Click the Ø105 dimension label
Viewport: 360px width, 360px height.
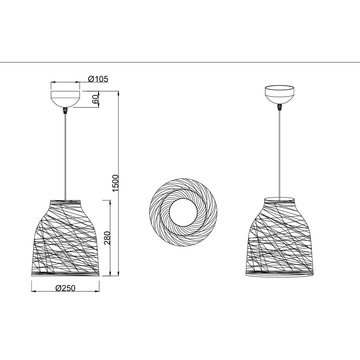(x=98, y=79)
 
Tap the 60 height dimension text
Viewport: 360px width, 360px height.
(x=95, y=99)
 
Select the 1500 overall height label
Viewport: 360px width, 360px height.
(x=115, y=183)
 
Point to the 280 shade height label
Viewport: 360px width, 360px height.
(x=107, y=238)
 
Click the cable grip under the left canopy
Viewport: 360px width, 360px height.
(x=65, y=111)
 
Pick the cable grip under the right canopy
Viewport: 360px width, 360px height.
(x=280, y=107)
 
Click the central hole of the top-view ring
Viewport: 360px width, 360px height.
(x=183, y=212)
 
